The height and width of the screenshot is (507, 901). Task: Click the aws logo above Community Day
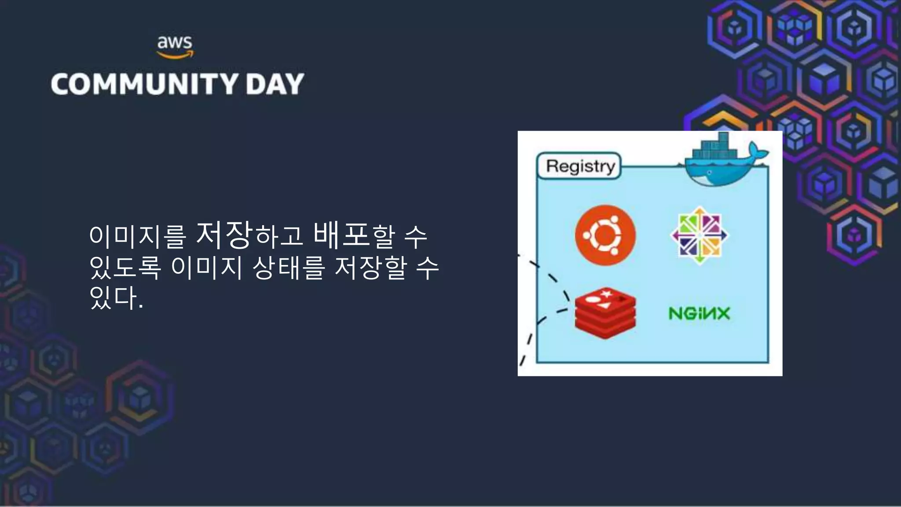[x=175, y=47]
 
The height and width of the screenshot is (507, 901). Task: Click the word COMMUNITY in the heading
[x=144, y=84]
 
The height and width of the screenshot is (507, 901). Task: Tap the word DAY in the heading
[x=275, y=84]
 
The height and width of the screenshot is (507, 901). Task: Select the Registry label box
[x=579, y=166]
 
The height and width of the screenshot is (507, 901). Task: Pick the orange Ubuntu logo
[x=605, y=235]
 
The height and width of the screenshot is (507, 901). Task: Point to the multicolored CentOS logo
[x=700, y=235]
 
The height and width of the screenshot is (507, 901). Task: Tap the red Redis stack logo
[x=605, y=313]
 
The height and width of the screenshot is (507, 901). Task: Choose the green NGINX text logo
[x=699, y=313]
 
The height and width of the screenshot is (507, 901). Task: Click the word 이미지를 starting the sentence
[x=138, y=236]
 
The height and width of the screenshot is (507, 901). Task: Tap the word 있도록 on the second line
[x=125, y=267]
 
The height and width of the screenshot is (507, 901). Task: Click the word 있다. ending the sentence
[x=116, y=298]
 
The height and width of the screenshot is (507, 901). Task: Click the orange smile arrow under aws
[x=175, y=55]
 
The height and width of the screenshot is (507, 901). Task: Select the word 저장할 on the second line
[x=370, y=267]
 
